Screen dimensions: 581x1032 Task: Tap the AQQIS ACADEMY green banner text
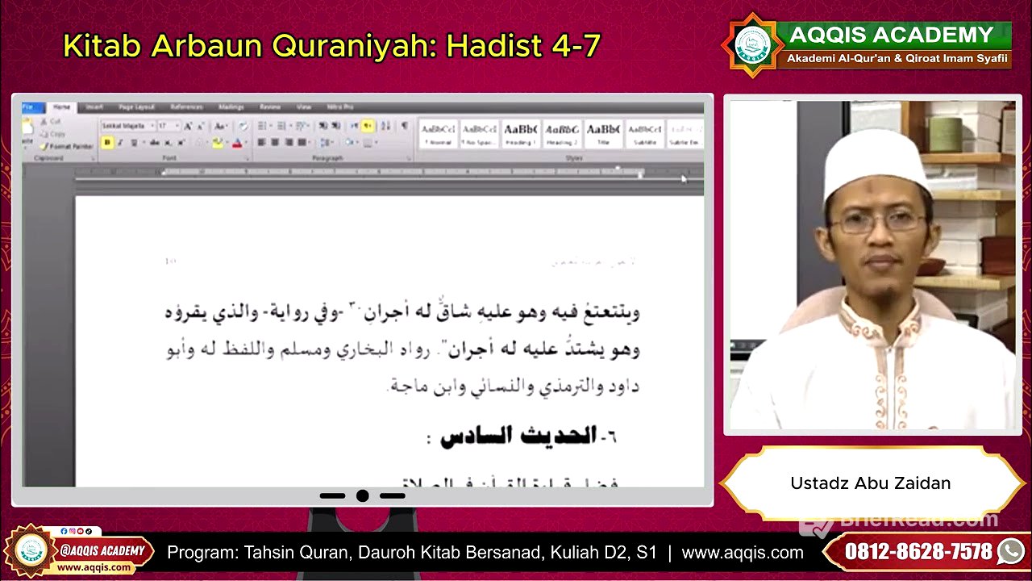tap(891, 35)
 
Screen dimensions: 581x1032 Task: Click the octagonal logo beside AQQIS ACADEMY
tap(751, 45)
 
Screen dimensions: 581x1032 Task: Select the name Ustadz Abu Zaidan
tap(870, 483)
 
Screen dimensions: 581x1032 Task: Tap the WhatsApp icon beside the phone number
tap(1009, 552)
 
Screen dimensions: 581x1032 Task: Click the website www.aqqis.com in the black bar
tap(742, 553)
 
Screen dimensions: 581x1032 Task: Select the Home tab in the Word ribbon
tap(61, 107)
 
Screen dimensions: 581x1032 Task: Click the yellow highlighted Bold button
tap(107, 143)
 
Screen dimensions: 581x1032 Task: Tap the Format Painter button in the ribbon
tap(69, 147)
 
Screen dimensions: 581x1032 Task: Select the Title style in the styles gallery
tap(602, 132)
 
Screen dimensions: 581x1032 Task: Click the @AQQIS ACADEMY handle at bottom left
tap(102, 551)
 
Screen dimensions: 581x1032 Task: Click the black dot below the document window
tap(363, 495)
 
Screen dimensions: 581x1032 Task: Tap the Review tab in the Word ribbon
tap(270, 107)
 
